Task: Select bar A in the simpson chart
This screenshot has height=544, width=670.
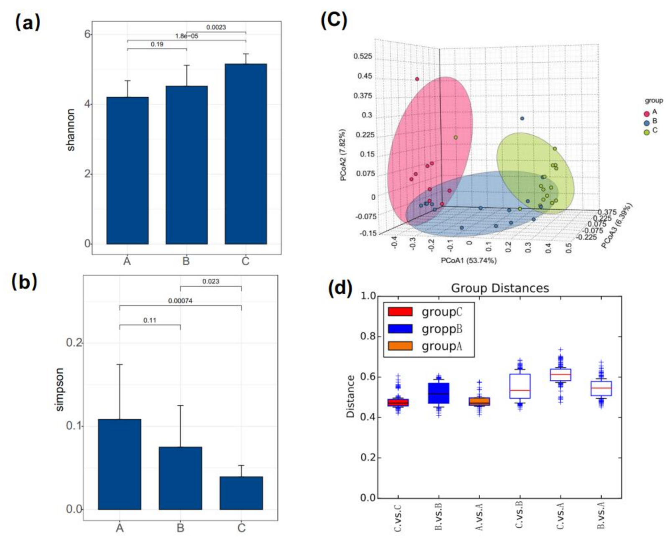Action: coord(120,464)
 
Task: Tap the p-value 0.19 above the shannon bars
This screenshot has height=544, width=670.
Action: coord(157,44)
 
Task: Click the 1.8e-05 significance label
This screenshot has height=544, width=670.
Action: coord(187,36)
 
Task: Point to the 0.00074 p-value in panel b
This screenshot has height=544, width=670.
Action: coord(180,301)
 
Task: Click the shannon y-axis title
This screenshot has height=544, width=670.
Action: coord(71,130)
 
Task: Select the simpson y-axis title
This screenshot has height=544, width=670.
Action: coord(59,389)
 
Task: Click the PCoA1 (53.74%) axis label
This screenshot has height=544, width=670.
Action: coord(468,261)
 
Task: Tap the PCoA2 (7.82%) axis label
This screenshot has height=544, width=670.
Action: coord(343,155)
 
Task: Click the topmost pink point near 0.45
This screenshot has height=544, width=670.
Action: coord(417,79)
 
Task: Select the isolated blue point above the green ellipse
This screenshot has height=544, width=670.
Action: coord(522,119)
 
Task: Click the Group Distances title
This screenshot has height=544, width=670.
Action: coord(500,288)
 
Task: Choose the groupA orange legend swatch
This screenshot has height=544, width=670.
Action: coord(400,346)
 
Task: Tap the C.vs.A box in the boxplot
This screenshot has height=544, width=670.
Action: coord(560,374)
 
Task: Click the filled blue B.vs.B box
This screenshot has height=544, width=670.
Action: coord(438,393)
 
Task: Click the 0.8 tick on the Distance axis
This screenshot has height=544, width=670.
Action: coord(368,337)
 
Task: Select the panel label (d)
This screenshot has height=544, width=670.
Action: coord(340,288)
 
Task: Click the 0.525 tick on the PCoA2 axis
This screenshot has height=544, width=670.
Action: coord(363,56)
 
